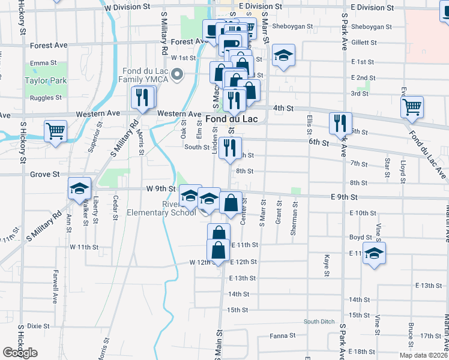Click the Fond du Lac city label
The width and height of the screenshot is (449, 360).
tap(232, 119)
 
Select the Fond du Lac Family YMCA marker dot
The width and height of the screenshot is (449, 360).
tap(177, 75)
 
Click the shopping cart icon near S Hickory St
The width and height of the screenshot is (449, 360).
tap(55, 130)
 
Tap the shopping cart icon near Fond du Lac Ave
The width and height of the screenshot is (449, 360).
tap(412, 107)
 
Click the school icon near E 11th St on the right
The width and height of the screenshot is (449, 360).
tap(374, 252)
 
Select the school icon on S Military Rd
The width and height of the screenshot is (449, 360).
tap(79, 188)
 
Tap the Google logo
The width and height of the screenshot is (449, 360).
tap(20, 353)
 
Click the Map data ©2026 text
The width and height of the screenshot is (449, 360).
tap(423, 355)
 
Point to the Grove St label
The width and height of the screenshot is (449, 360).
tap(44, 175)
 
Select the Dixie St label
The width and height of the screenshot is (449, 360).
tap(38, 326)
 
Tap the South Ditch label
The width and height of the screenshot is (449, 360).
tap(319, 322)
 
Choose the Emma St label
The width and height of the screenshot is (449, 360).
tap(43, 62)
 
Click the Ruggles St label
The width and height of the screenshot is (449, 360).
tap(46, 97)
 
